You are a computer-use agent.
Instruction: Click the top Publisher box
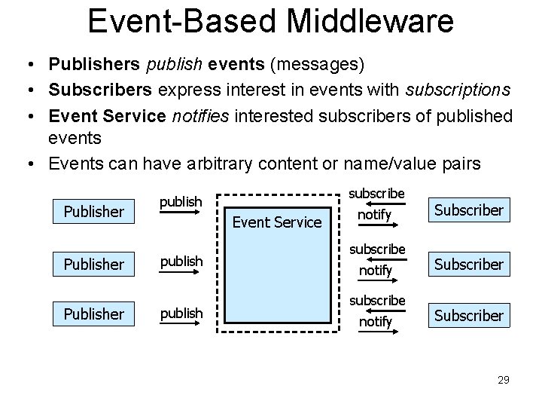coord(94,212)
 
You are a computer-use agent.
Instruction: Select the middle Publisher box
coord(94,265)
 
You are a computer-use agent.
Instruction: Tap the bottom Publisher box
coord(94,313)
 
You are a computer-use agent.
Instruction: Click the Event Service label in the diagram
coord(277,222)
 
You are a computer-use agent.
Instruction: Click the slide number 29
coord(503,380)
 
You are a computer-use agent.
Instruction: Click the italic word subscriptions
coord(458,90)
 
